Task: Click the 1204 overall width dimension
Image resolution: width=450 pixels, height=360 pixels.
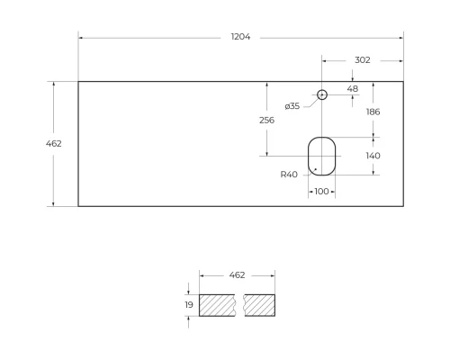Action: coord(240,37)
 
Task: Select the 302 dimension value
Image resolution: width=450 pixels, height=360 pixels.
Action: coord(362,60)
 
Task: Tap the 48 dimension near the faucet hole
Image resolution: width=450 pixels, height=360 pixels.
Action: coord(353,89)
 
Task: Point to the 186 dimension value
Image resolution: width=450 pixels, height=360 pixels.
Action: coord(373,112)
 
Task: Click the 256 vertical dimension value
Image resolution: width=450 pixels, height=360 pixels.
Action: coord(266,120)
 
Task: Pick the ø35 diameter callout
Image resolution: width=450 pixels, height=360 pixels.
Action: coord(292,106)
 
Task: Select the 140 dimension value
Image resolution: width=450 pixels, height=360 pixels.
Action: coord(373,156)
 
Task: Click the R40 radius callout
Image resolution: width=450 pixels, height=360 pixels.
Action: coord(289,175)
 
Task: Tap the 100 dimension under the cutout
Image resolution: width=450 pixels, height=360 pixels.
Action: coord(321,192)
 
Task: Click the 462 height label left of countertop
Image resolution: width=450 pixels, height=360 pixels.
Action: coord(54,143)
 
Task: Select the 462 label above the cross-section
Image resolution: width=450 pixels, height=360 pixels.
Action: coord(237,274)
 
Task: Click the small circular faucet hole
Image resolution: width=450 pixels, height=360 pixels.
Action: coord(322,94)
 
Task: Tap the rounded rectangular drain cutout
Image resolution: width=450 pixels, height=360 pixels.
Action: coord(321,156)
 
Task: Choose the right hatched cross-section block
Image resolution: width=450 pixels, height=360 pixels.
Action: coord(260,306)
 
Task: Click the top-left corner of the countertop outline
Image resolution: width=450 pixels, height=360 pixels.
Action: coord(78,82)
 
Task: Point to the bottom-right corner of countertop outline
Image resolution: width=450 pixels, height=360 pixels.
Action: coord(403,206)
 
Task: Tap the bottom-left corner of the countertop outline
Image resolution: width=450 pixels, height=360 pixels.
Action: coord(78,206)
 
